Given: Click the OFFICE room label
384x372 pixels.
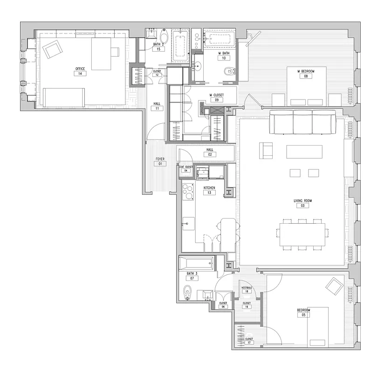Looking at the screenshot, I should click(x=80, y=69).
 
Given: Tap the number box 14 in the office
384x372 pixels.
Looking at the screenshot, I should click(x=80, y=73).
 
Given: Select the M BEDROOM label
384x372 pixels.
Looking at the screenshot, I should click(x=306, y=71).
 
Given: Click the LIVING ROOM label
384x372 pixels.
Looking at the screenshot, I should click(x=302, y=201).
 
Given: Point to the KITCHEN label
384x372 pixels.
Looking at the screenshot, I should click(x=209, y=187).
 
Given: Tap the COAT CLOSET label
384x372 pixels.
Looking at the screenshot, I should click(x=185, y=166).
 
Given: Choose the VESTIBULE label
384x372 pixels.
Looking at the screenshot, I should click(x=247, y=288).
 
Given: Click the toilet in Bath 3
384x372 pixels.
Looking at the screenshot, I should click(x=187, y=293).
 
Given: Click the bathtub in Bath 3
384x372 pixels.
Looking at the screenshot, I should click(x=196, y=264).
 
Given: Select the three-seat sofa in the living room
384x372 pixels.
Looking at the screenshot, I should click(x=303, y=122).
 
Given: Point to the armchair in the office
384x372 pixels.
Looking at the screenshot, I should click(x=52, y=48).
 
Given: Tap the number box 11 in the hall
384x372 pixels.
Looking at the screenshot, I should click(x=158, y=108).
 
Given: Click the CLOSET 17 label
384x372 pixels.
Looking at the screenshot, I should click(x=248, y=339).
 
